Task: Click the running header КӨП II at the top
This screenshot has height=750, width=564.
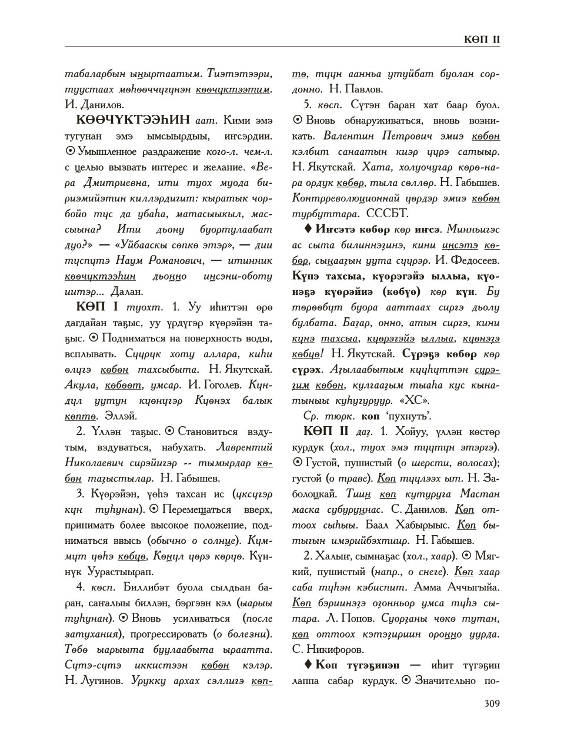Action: coord(482,39)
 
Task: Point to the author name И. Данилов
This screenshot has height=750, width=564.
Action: coord(94,105)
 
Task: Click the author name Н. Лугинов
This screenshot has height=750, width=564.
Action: coord(92,681)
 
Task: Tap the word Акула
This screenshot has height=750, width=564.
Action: coord(80,385)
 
